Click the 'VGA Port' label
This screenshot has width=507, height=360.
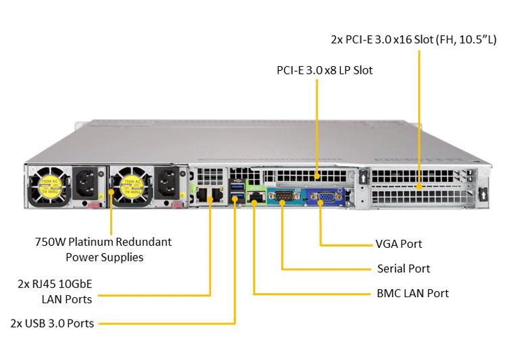tap(399, 244)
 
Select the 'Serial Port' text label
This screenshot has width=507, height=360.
tap(404, 269)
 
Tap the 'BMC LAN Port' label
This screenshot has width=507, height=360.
tap(412, 293)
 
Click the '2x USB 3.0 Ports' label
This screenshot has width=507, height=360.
tap(52, 323)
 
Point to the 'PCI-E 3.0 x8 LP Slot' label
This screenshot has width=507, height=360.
tap(324, 70)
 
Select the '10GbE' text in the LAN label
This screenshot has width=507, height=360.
tap(75, 284)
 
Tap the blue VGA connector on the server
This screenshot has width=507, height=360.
tap(326, 196)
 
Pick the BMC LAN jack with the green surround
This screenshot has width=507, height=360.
tap(256, 197)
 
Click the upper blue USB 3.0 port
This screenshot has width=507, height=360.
tap(237, 186)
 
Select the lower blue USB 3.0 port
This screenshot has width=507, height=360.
tap(237, 196)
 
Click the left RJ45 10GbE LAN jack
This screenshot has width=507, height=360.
tap(202, 195)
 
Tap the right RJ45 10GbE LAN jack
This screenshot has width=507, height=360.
tap(217, 195)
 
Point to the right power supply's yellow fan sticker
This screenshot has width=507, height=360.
tap(131, 187)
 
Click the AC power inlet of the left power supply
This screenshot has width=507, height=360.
tap(85, 183)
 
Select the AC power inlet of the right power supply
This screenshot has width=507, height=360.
tap(167, 183)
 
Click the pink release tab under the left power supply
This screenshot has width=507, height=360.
tap(95, 205)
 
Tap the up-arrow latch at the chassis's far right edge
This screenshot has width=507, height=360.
tap(483, 195)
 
